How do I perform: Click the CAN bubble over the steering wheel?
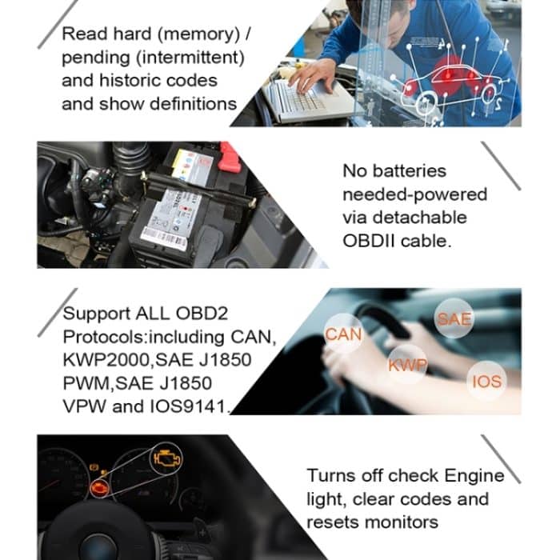pyautogui.click(x=344, y=334)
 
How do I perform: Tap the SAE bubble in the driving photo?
pyautogui.click(x=454, y=319)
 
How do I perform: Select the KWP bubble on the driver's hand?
pyautogui.click(x=408, y=366)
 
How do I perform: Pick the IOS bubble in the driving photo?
pyautogui.click(x=486, y=381)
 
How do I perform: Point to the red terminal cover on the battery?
pyautogui.click(x=230, y=157)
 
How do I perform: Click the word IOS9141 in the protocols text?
pyautogui.click(x=188, y=406)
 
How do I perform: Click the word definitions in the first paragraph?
pyautogui.click(x=193, y=104)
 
